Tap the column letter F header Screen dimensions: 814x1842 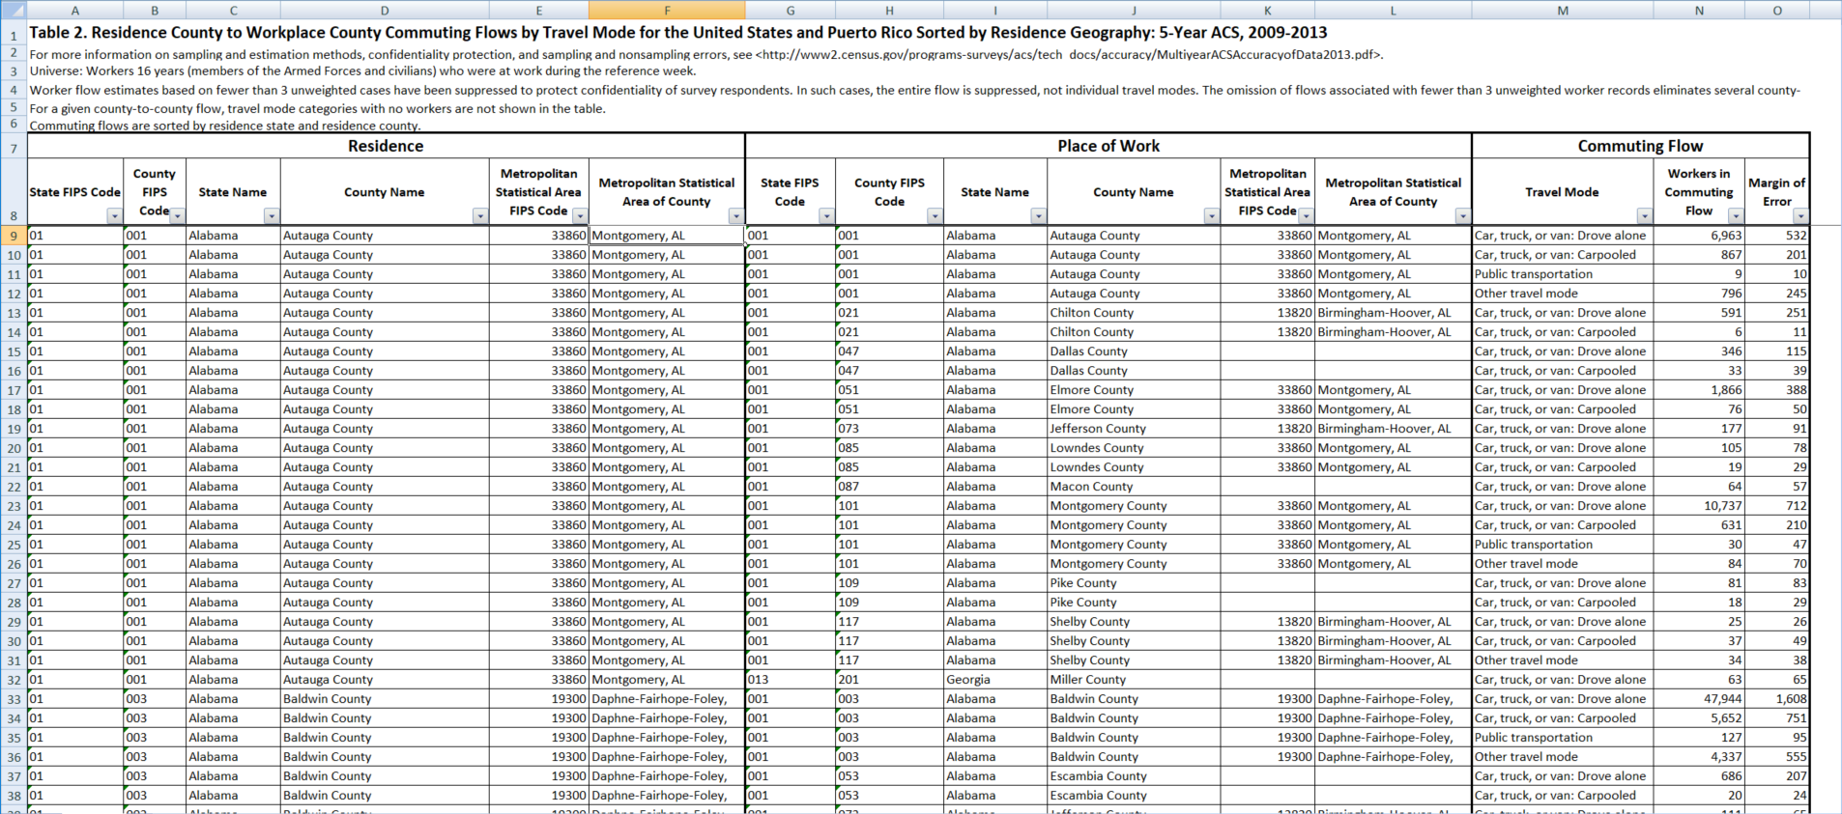[667, 11]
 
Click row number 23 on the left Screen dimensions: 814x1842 [14, 506]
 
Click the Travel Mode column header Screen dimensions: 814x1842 [1561, 192]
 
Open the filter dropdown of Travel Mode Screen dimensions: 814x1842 [1644, 216]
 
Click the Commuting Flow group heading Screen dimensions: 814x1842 [1640, 146]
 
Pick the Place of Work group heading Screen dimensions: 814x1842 [1108, 146]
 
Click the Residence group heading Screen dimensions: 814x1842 [386, 146]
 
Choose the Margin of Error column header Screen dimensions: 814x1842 [1776, 191]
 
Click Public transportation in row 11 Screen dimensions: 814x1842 [1533, 274]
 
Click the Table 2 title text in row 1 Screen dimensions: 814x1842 [676, 33]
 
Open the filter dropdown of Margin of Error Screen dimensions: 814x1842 [1800, 216]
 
